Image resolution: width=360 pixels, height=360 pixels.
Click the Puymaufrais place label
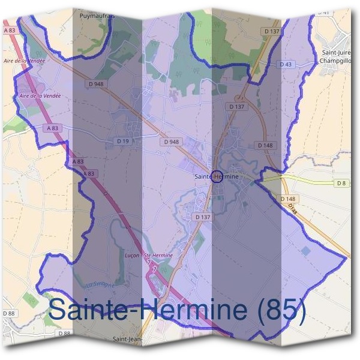(x=96, y=17)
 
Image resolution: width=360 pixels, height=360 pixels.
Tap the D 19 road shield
(x=123, y=141)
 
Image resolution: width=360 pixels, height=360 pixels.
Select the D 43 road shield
(x=286, y=64)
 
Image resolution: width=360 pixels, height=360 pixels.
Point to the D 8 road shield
(x=342, y=182)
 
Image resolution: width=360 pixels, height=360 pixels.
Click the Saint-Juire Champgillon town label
(x=335, y=57)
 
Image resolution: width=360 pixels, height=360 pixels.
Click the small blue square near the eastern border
(x=307, y=250)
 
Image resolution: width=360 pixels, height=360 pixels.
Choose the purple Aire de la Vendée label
(x=41, y=95)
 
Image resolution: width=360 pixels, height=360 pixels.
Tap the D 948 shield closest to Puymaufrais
(x=95, y=83)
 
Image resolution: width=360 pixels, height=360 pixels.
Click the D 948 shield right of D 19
(x=170, y=142)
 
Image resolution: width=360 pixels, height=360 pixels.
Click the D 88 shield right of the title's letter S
(x=65, y=333)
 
